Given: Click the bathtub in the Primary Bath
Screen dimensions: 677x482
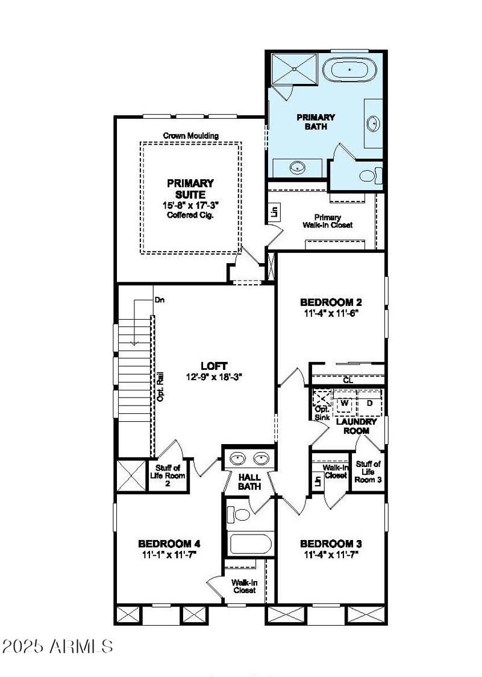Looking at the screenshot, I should [350, 71].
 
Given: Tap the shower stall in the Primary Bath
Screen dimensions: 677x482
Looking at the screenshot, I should [294, 69].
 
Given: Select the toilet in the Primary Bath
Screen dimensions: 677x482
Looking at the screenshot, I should [368, 176].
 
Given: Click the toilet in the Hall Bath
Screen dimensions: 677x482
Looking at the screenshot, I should [241, 514].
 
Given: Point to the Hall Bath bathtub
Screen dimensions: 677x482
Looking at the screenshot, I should [251, 544].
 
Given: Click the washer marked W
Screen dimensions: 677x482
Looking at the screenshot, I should [345, 402].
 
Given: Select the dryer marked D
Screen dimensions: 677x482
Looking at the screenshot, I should [369, 402].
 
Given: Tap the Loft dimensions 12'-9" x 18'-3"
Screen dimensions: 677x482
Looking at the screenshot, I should [214, 378].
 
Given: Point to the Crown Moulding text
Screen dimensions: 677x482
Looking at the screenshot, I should [191, 136].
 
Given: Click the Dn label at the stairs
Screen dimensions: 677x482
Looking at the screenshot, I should [159, 299].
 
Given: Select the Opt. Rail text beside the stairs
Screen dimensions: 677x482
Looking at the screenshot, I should [160, 389].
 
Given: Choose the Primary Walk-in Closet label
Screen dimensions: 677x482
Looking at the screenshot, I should [327, 221].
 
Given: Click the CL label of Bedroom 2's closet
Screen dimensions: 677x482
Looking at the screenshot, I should [348, 380].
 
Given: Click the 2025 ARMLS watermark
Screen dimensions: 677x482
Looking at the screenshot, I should [57, 646].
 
